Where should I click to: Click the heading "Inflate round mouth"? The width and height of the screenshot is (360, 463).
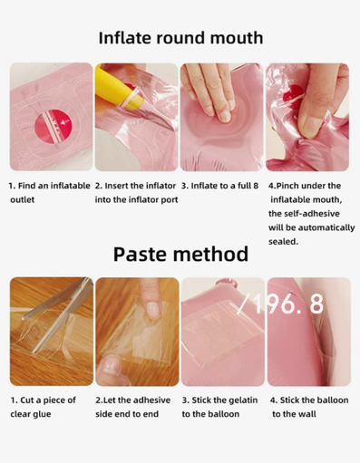(x=180, y=38)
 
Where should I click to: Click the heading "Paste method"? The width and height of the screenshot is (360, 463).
(x=180, y=254)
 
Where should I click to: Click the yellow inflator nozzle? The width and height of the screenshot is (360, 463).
(x=120, y=88)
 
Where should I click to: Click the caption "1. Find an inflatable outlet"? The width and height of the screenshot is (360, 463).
(x=50, y=192)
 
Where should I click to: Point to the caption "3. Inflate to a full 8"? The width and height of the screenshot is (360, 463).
(x=219, y=186)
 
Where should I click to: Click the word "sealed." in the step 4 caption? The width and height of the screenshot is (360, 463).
(x=283, y=242)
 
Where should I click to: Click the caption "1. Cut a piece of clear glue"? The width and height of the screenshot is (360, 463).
(x=43, y=407)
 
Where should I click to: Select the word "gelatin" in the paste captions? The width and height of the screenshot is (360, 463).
(x=243, y=400)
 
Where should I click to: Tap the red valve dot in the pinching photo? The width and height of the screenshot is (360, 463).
(x=293, y=93)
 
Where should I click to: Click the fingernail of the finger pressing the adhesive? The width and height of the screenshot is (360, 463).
(x=152, y=310)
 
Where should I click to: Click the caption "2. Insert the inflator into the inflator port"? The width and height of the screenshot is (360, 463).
(x=136, y=192)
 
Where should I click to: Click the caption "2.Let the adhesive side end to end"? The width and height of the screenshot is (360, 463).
(x=133, y=407)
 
